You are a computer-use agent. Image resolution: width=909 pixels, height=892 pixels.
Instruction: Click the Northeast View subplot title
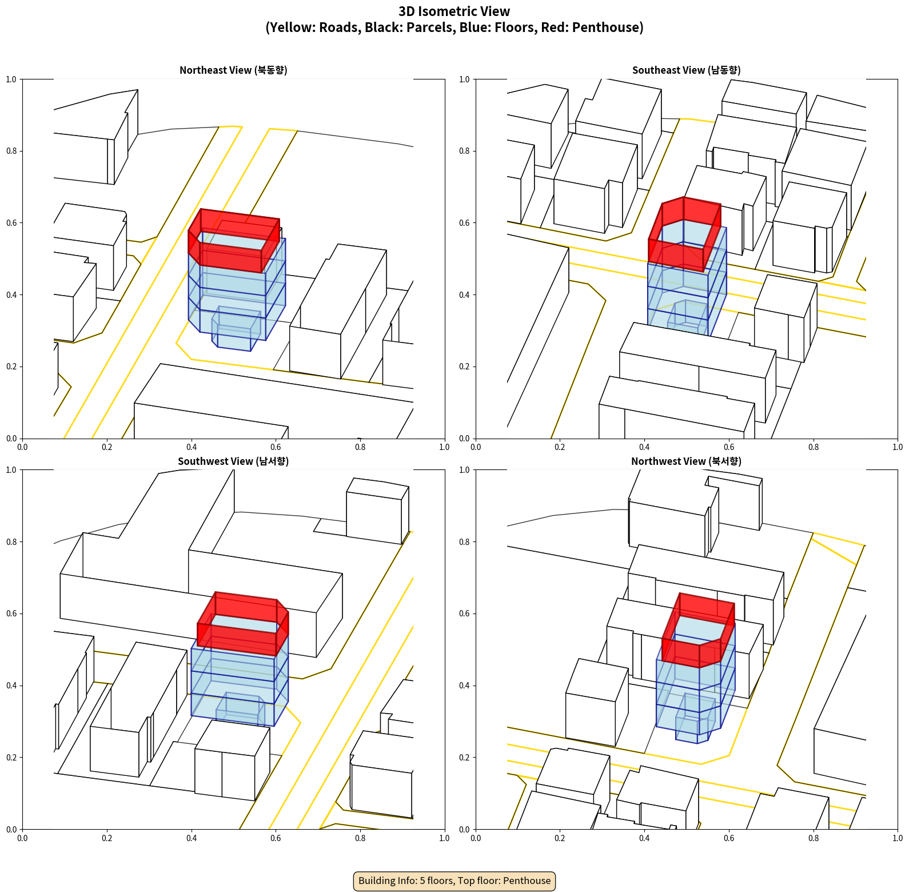click(233, 70)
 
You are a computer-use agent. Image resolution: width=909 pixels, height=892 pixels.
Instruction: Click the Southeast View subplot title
click(686, 70)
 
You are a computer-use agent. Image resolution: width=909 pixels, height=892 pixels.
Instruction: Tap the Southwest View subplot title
click(233, 461)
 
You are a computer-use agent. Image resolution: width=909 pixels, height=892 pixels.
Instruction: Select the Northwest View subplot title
click(686, 461)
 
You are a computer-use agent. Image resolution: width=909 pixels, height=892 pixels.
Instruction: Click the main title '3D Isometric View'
click(454, 11)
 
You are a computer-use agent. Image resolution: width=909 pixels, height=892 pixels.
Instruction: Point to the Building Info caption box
click(454, 881)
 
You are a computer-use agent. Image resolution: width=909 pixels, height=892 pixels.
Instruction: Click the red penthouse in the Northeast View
click(234, 241)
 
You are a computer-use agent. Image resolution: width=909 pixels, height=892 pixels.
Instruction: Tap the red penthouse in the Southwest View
click(243, 624)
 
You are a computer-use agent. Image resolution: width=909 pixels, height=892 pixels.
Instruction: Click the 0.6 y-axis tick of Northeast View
click(11, 223)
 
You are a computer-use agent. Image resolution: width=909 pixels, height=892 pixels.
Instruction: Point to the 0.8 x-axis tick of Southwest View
click(360, 838)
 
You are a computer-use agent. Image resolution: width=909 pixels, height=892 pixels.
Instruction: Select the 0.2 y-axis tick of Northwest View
click(464, 758)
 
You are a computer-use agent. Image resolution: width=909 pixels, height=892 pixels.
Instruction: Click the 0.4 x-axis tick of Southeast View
click(644, 447)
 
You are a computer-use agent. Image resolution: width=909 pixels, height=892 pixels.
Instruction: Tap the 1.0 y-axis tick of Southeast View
click(464, 79)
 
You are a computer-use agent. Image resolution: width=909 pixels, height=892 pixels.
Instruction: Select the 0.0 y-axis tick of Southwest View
click(11, 830)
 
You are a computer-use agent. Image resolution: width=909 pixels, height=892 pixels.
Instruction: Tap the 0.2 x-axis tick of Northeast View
click(107, 447)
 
